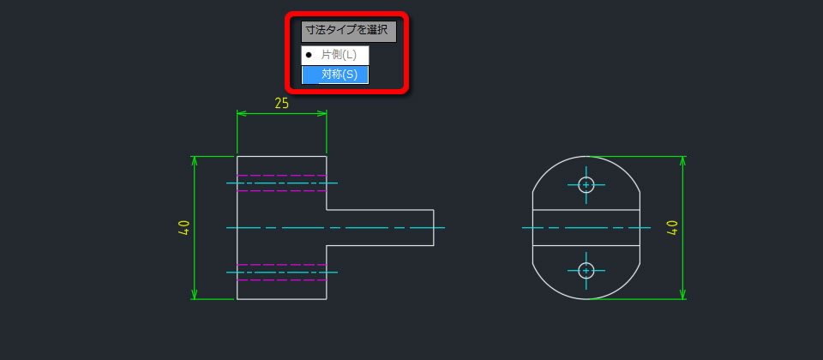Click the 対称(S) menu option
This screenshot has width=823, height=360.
[335, 75]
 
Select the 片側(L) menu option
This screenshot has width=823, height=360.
[335, 55]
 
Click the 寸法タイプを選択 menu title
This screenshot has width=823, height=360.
[349, 32]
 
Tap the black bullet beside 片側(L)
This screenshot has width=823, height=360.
[309, 55]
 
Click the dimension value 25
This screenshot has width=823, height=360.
[282, 104]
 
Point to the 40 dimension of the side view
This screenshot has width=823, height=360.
[183, 228]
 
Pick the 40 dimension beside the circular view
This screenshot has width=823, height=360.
[672, 228]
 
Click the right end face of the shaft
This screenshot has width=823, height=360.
[434, 228]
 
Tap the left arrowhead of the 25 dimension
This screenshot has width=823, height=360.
[241, 113]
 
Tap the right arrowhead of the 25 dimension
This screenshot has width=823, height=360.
[322, 113]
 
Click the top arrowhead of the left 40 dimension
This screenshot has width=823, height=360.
[195, 160]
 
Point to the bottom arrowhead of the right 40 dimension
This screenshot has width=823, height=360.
[683, 295]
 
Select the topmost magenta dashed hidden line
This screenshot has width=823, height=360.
[282, 175]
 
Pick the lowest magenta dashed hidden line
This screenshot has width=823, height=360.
[282, 280]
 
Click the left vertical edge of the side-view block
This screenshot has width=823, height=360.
[237, 228]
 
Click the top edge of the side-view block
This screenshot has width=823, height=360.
[282, 156]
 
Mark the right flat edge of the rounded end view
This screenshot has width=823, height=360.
[640, 228]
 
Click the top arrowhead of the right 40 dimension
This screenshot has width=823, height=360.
[683, 160]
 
